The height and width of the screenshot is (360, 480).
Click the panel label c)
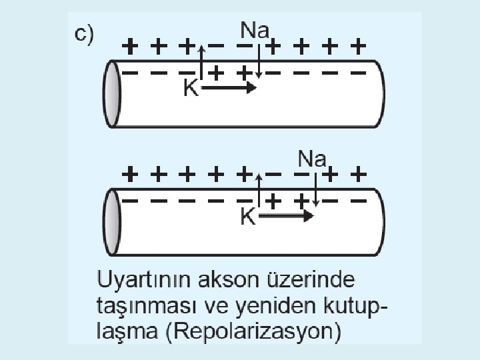(84, 35)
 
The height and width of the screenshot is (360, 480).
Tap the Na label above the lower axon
(313, 159)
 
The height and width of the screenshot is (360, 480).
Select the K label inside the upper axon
(191, 89)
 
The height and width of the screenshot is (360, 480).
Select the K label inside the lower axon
(247, 217)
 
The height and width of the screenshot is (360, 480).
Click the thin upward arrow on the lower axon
(257, 189)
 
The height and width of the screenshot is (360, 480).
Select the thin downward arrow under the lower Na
(317, 189)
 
